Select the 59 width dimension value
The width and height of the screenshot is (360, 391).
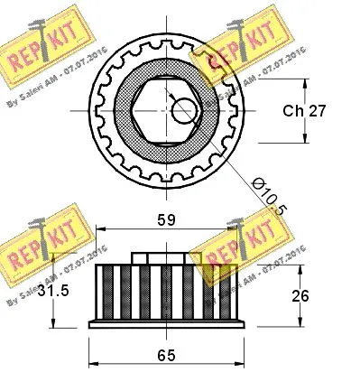click(x=165, y=219)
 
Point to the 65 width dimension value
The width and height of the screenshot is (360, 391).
click(x=165, y=355)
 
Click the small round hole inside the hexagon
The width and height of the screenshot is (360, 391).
click(x=184, y=110)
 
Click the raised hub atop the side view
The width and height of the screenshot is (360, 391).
click(x=164, y=258)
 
